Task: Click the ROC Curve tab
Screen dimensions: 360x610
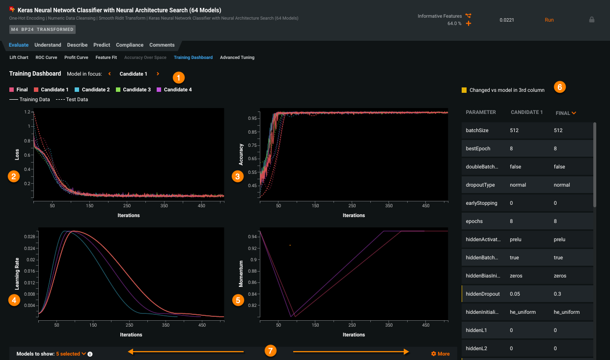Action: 46,57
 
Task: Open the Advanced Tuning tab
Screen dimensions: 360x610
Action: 237,57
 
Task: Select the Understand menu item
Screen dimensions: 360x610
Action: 48,45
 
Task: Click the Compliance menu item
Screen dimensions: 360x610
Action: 130,45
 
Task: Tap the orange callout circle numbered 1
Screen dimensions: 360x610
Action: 179,77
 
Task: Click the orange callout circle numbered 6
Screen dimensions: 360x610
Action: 560,87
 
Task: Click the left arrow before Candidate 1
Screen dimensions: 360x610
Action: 109,74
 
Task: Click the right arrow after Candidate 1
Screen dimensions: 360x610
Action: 158,74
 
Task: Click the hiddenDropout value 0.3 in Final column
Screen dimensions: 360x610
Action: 557,294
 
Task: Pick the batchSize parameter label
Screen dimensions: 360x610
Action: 477,130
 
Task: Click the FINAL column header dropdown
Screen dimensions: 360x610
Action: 566,113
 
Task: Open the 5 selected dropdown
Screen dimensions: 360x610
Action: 71,354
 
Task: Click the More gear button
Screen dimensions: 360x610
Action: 440,354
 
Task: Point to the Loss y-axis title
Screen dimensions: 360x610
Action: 17,156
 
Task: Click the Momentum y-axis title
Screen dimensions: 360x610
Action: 241,274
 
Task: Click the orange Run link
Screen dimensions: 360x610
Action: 549,20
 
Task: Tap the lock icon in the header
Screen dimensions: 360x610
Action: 591,20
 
